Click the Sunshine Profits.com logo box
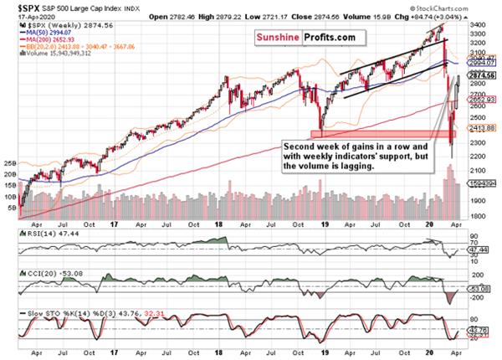click(x=299, y=37)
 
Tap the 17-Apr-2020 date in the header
click(x=23, y=15)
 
